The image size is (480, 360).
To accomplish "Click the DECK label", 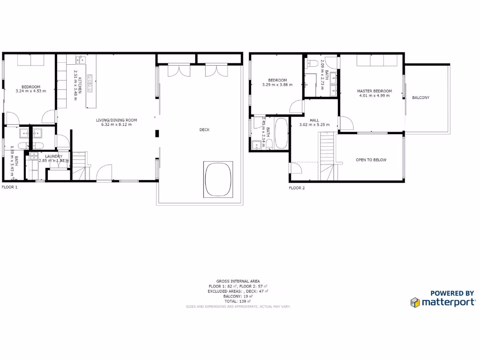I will point(204,130).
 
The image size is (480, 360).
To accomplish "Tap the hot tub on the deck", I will point(217,180).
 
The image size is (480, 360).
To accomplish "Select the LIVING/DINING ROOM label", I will point(116,120).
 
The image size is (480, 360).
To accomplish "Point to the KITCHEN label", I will point(80,85).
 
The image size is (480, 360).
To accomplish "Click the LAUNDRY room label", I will point(54,156).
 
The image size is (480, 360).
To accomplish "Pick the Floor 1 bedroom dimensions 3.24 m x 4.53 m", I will point(31,91).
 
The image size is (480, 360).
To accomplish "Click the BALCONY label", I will point(420,97).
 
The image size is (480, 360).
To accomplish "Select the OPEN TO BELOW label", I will point(371,160).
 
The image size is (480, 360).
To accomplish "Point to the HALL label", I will point(315,120).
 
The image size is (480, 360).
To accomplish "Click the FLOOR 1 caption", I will point(9,187).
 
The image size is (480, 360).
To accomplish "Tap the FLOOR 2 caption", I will point(297,188).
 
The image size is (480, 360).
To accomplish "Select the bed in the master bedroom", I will point(377,61).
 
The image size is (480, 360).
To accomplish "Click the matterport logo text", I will point(449,302).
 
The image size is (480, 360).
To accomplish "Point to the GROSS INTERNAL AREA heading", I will point(238,281).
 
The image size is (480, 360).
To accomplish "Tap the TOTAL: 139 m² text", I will point(238,301).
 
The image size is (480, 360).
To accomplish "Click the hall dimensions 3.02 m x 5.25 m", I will point(315,125).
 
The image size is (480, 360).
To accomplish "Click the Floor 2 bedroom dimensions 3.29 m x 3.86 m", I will point(277,85).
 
